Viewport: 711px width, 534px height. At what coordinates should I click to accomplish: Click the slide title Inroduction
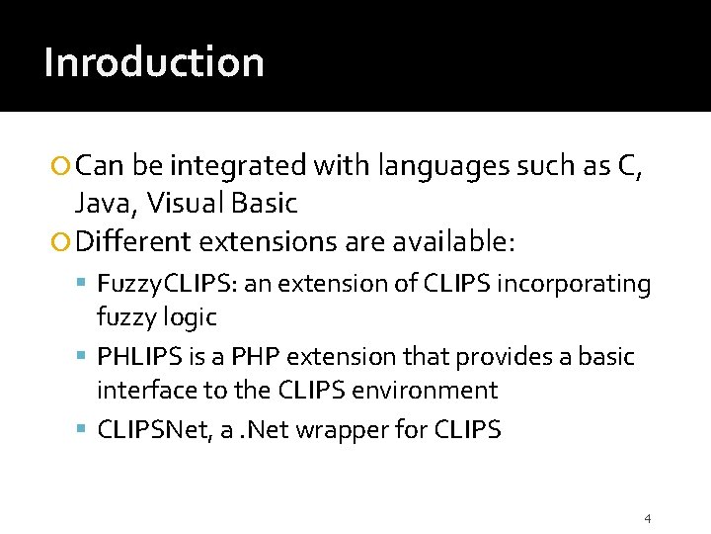(x=154, y=62)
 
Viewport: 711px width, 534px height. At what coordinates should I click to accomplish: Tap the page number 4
(x=647, y=518)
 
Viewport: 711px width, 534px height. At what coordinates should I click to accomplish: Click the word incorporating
(x=575, y=285)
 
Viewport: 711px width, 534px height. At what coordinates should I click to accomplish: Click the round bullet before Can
(x=64, y=167)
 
